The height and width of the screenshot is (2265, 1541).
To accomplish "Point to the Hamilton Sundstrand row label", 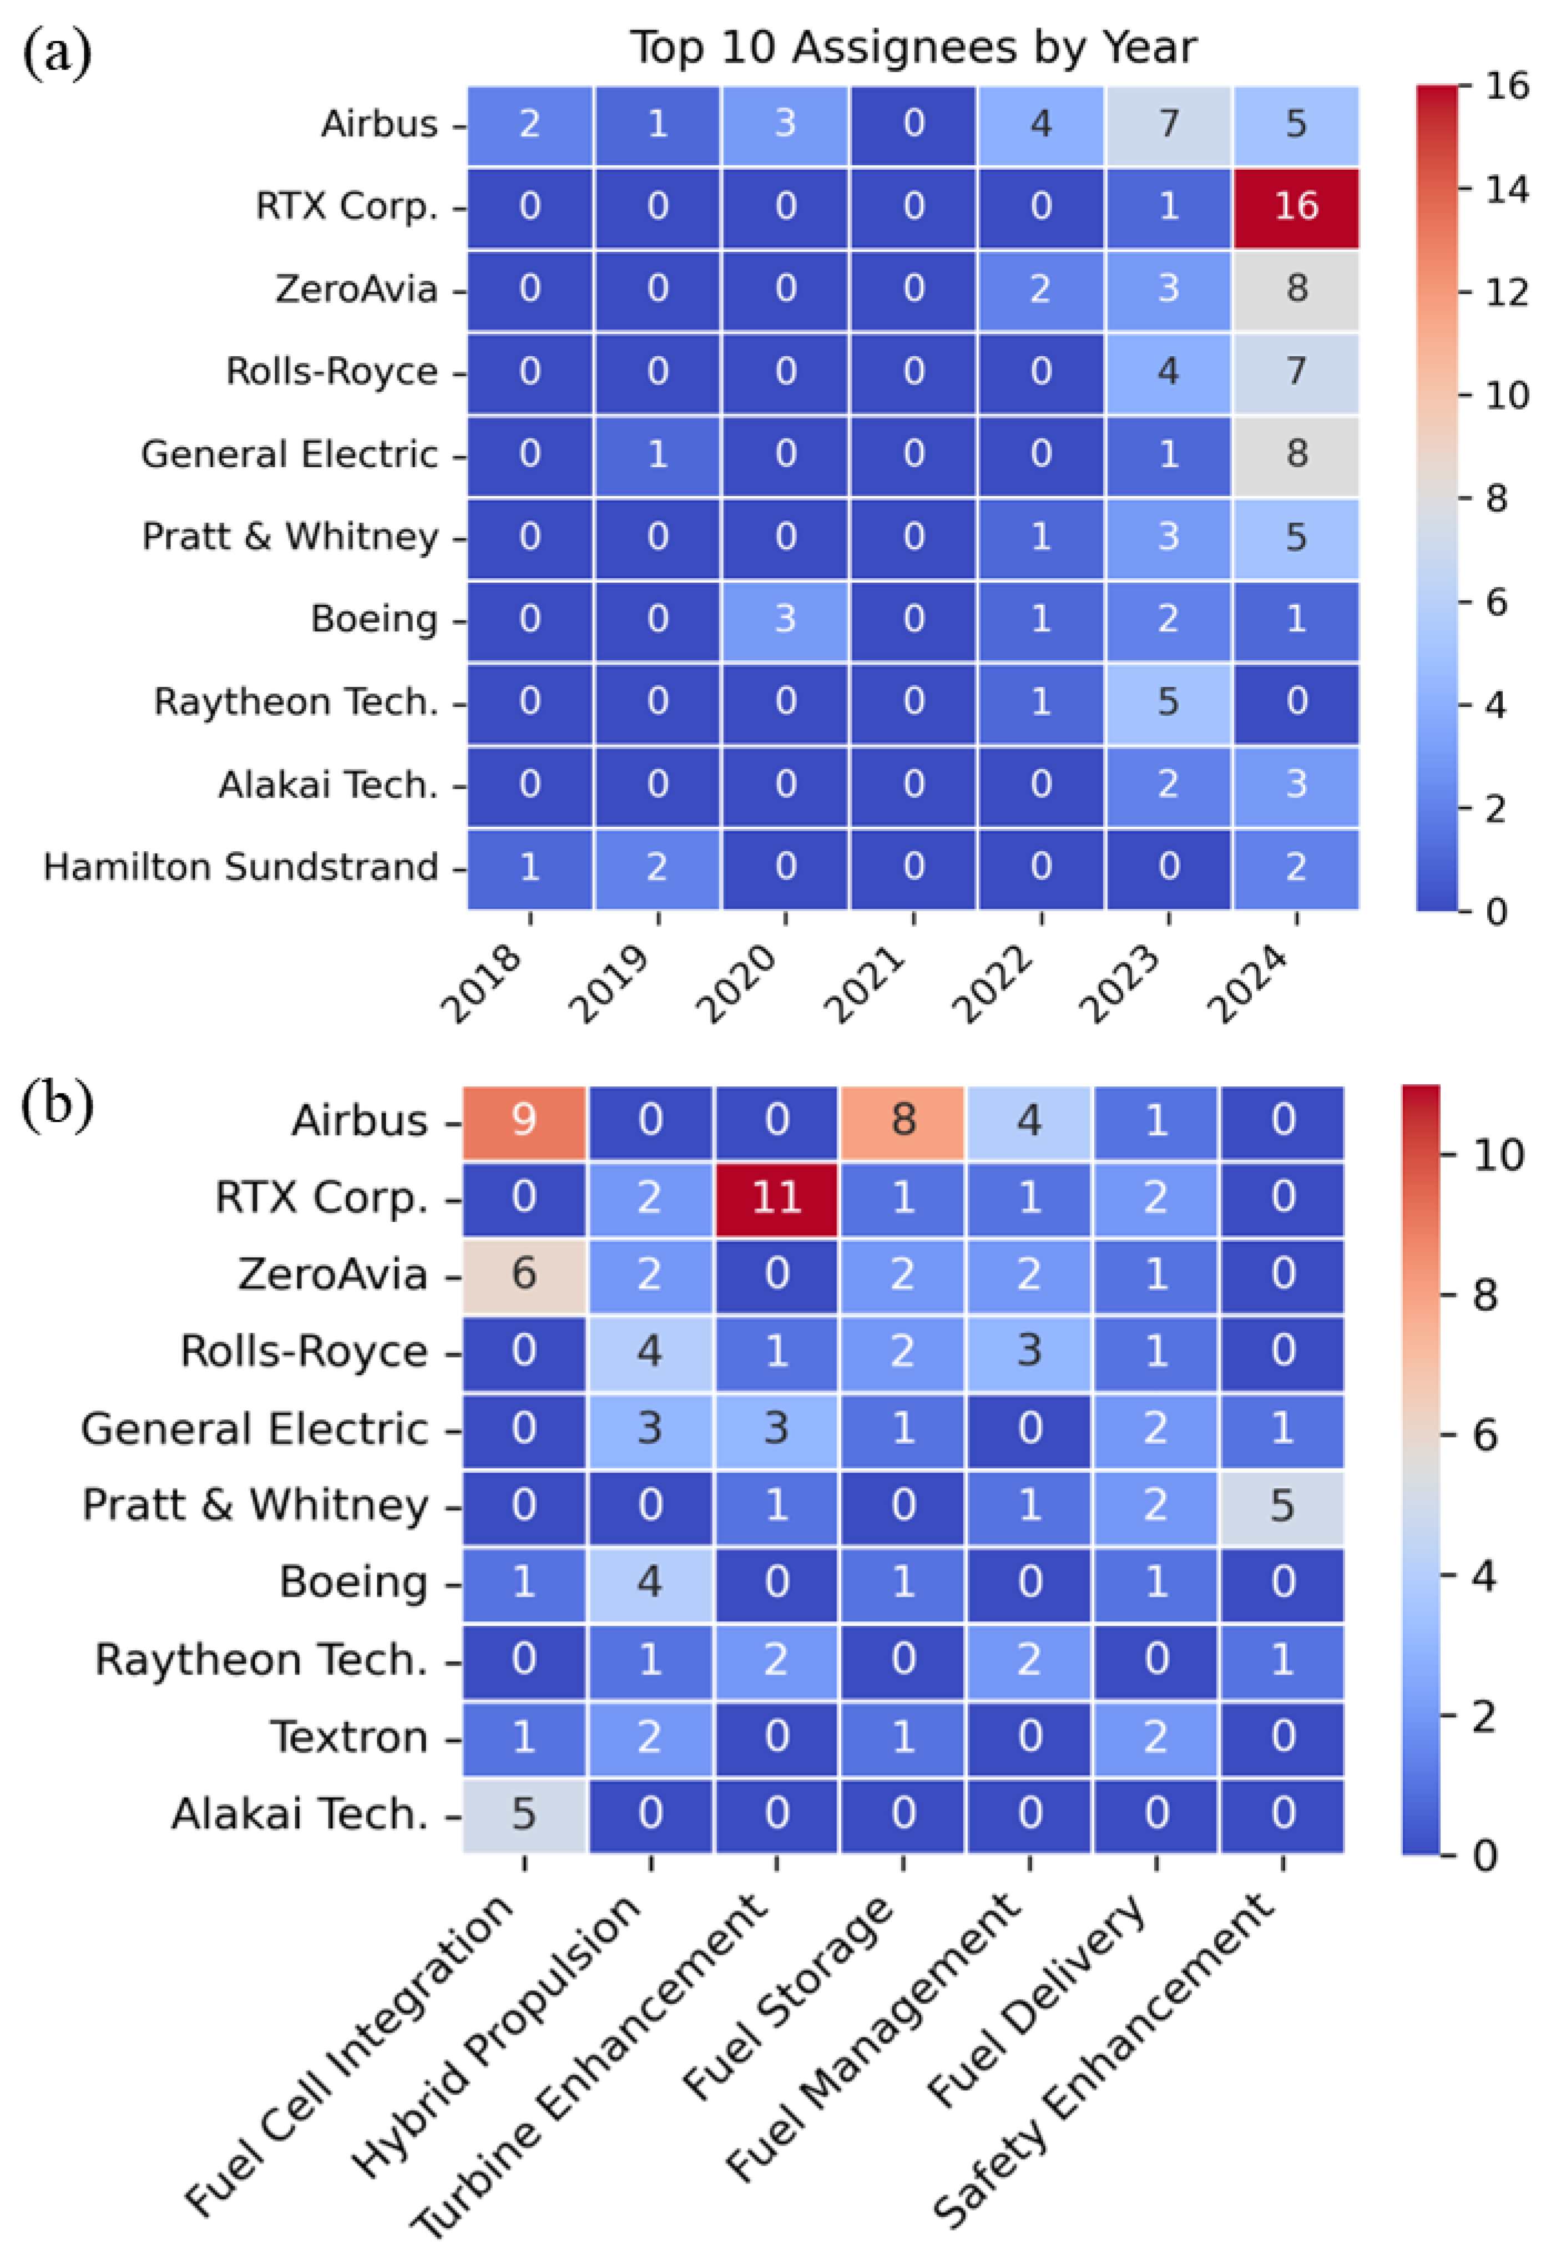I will click(x=241, y=866).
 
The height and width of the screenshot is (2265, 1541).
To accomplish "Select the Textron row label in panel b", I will click(x=349, y=1736).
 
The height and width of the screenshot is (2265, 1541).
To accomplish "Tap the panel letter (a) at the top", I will click(x=57, y=54).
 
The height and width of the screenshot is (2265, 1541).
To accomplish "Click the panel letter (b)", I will click(x=57, y=1106).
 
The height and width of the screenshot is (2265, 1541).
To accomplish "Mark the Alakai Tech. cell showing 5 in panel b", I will click(x=524, y=1813).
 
